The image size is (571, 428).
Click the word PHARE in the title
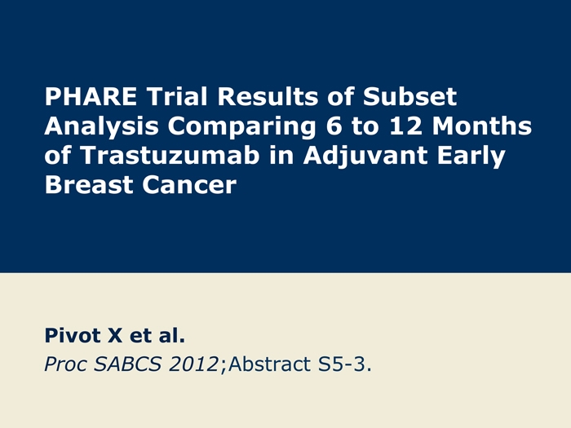pos(91,96)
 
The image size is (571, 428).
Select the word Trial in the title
pos(177,96)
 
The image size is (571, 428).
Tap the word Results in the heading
pos(268,96)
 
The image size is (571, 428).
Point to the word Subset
pos(409,96)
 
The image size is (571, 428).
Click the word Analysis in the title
pos(102,126)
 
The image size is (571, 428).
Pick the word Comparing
pos(241,126)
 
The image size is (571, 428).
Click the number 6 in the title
pos(334,126)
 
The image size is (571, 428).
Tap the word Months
pos(482,126)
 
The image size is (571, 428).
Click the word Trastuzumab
pos(170,156)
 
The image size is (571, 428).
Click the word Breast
pos(88,184)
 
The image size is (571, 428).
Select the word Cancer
pos(189,184)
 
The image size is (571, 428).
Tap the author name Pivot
pos(73,335)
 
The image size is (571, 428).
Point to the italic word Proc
pos(66,364)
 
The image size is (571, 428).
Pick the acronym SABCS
pos(127,364)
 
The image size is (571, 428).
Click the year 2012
pos(193,364)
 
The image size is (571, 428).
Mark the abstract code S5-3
pos(342,364)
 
